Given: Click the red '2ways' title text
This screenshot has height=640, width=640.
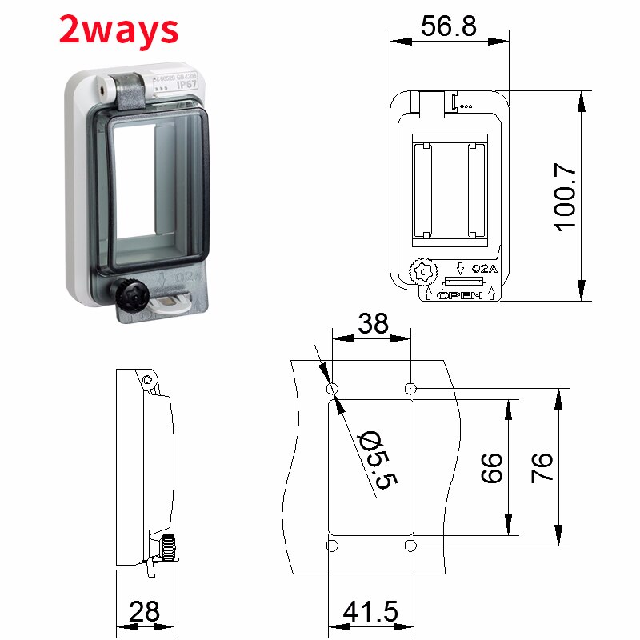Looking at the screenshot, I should (118, 30).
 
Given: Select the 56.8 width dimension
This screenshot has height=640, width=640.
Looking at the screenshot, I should (449, 26).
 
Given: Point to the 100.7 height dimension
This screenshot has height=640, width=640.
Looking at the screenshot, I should (566, 196).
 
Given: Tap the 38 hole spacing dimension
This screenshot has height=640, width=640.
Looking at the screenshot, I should (372, 323).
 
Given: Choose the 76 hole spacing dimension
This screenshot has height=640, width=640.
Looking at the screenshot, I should (542, 467).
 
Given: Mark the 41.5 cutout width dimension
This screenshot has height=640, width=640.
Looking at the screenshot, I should (370, 612).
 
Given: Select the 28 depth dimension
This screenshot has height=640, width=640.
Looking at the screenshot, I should (145, 612).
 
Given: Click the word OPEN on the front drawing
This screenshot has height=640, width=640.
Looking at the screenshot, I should (460, 295).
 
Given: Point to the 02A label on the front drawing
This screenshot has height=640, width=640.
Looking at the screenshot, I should (485, 269).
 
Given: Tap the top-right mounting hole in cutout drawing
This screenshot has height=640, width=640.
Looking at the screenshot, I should (410, 389).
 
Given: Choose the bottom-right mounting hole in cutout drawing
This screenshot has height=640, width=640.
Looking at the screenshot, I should (410, 546).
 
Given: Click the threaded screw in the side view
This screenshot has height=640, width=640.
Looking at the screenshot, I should (168, 548).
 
